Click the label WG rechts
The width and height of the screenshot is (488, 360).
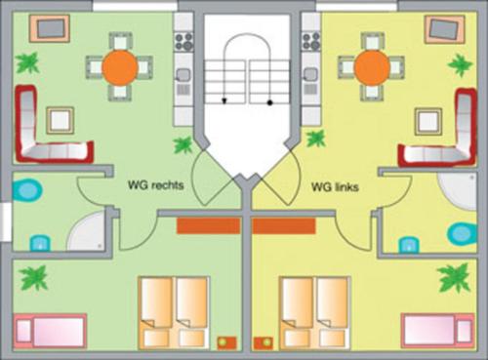(x=155, y=185)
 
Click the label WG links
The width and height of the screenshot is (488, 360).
(x=335, y=187)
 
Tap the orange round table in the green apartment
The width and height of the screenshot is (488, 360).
(x=120, y=67)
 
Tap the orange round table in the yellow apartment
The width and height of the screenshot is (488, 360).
(x=372, y=67)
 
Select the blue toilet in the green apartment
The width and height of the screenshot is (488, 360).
(x=27, y=190)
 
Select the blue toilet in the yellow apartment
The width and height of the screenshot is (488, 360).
(x=462, y=233)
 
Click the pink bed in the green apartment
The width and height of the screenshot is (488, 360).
(x=50, y=331)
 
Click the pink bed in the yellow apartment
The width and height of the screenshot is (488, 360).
(x=438, y=331)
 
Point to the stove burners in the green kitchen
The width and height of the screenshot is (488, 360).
(x=183, y=42)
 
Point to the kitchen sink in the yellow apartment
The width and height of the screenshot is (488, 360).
(x=310, y=74)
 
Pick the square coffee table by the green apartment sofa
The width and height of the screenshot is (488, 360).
(x=61, y=120)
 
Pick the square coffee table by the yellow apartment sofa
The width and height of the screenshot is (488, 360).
(x=428, y=121)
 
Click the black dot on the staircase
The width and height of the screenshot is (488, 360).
(x=269, y=102)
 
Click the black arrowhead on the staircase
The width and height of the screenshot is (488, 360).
(x=224, y=101)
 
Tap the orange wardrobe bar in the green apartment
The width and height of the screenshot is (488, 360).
(x=209, y=226)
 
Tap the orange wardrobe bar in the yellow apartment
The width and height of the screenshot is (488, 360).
(x=284, y=226)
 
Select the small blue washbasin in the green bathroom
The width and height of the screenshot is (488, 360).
(x=40, y=244)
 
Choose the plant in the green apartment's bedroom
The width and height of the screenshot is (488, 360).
(x=33, y=277)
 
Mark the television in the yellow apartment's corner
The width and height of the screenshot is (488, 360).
(x=445, y=29)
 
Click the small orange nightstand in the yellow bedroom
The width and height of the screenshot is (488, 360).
(x=264, y=343)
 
